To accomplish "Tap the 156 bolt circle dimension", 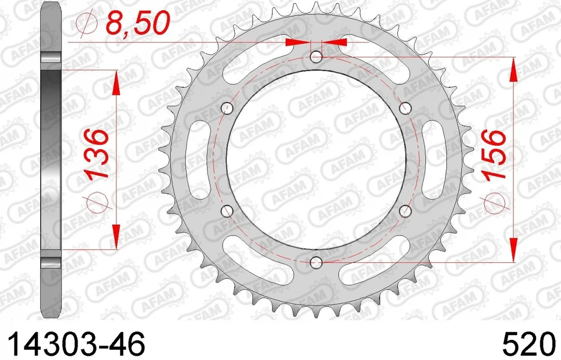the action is [x=494, y=154].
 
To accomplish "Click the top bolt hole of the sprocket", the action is [x=316, y=57].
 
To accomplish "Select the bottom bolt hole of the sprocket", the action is [x=316, y=263].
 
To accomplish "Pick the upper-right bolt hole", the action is [x=406, y=108].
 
